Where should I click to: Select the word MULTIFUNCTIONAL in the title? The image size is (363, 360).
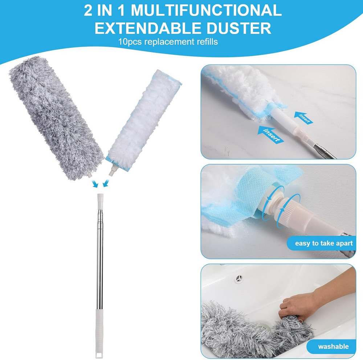[x=206, y=11]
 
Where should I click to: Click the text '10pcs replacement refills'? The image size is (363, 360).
[x=168, y=42]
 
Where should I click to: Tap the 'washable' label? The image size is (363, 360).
[x=333, y=346]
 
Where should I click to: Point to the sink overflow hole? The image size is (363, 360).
[x=238, y=278]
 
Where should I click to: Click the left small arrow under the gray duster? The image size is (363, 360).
[x=95, y=184]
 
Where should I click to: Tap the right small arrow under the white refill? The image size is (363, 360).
[x=106, y=184]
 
